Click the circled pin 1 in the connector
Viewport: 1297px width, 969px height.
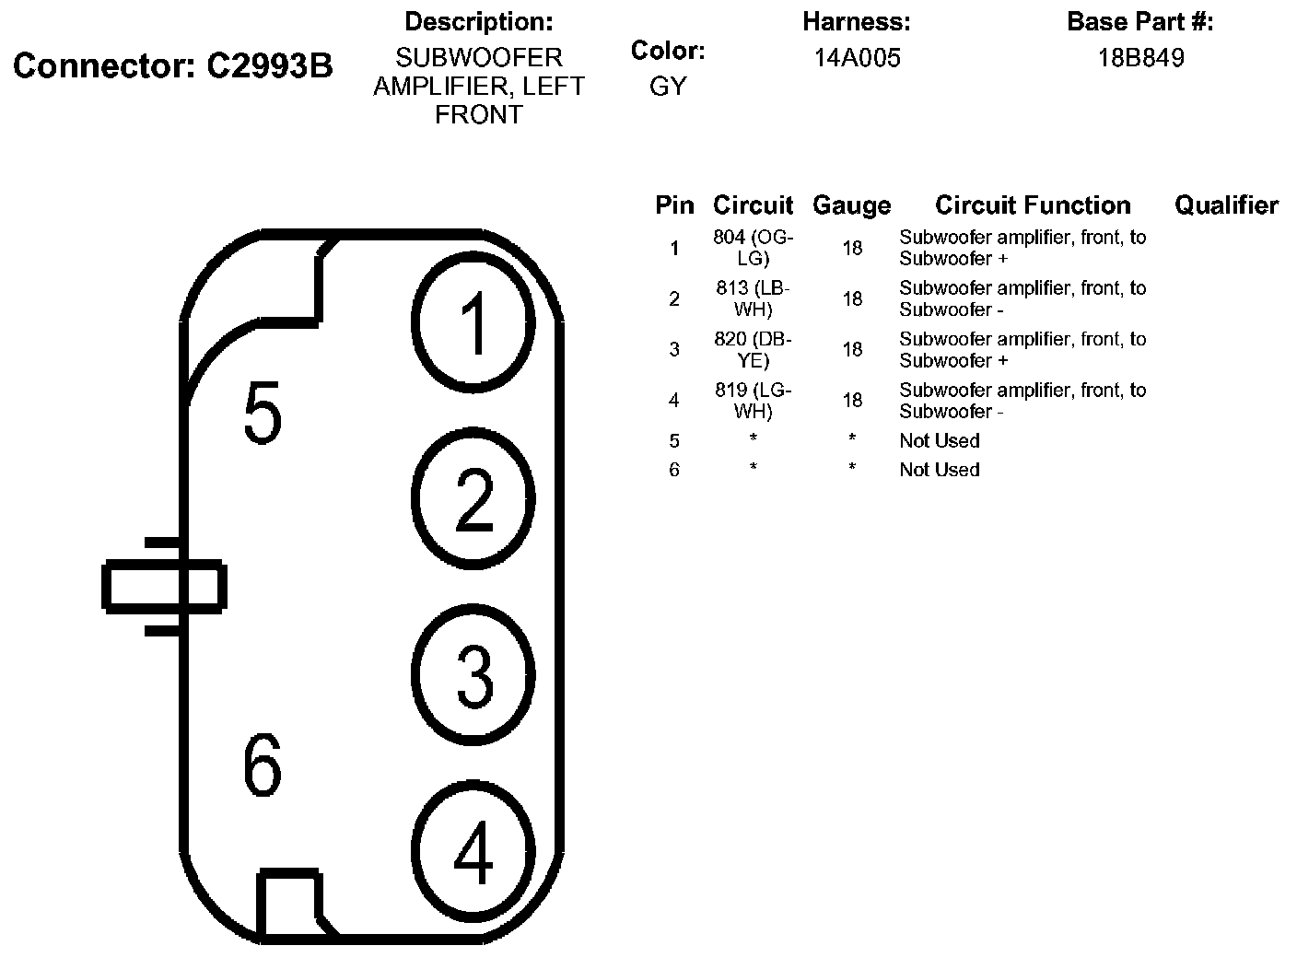(473, 322)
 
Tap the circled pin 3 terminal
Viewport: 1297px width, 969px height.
(473, 674)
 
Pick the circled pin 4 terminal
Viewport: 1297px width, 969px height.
(473, 851)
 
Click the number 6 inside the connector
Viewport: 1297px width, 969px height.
(263, 766)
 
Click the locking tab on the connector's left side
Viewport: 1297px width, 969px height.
(163, 587)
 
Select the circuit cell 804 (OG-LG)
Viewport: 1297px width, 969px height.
(753, 248)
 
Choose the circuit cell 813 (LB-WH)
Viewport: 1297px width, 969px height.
(753, 298)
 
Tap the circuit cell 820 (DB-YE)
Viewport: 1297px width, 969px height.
(753, 349)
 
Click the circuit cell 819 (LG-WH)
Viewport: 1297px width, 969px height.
(753, 400)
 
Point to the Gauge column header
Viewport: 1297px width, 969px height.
(851, 205)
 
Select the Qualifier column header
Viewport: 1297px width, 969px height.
(1225, 205)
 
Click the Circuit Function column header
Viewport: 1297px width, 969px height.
(1033, 205)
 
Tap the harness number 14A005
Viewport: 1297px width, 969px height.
(857, 58)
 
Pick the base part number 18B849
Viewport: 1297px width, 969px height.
(1140, 58)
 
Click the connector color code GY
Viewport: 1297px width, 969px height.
(668, 86)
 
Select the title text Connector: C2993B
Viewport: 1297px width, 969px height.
(173, 66)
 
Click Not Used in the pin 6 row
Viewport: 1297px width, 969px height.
(939, 470)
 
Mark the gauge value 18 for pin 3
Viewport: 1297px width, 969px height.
(852, 349)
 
